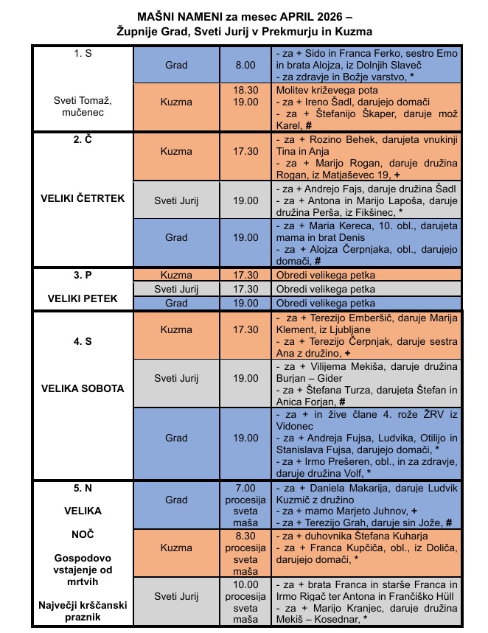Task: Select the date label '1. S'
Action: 83,54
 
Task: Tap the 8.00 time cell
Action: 245,65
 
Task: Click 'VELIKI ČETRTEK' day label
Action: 83,198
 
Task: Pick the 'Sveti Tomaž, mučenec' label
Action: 83,107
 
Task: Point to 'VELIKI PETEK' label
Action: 83,301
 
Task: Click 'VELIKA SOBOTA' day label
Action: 83,388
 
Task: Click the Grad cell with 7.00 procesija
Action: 176,500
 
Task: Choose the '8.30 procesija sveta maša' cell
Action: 245,548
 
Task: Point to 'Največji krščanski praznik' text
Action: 83,611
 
